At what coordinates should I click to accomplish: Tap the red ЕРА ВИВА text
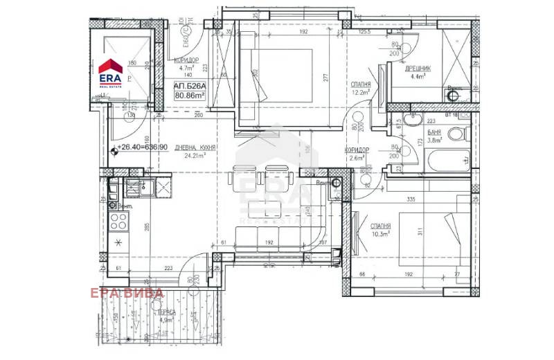click(127, 293)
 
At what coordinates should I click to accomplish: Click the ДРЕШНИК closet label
click(418, 69)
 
